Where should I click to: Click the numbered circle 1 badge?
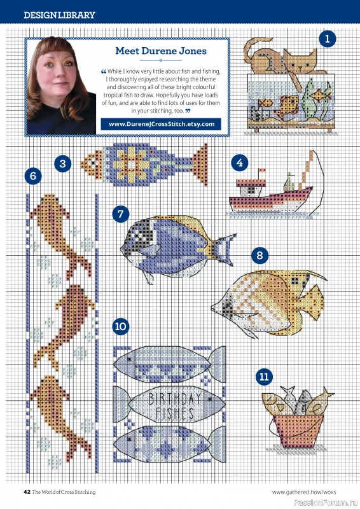[328, 39]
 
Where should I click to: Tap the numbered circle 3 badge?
[62, 163]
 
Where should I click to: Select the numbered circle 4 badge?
[239, 162]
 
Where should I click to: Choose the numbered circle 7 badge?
[121, 214]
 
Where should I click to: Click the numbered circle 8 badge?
[259, 256]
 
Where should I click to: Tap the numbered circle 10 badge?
[121, 327]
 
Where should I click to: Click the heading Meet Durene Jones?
[160, 51]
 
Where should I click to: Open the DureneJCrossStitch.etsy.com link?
[162, 124]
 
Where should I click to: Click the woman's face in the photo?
[62, 83]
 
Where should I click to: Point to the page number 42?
[27, 492]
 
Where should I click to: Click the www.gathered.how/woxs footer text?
[304, 492]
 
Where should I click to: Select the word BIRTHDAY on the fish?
[175, 400]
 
